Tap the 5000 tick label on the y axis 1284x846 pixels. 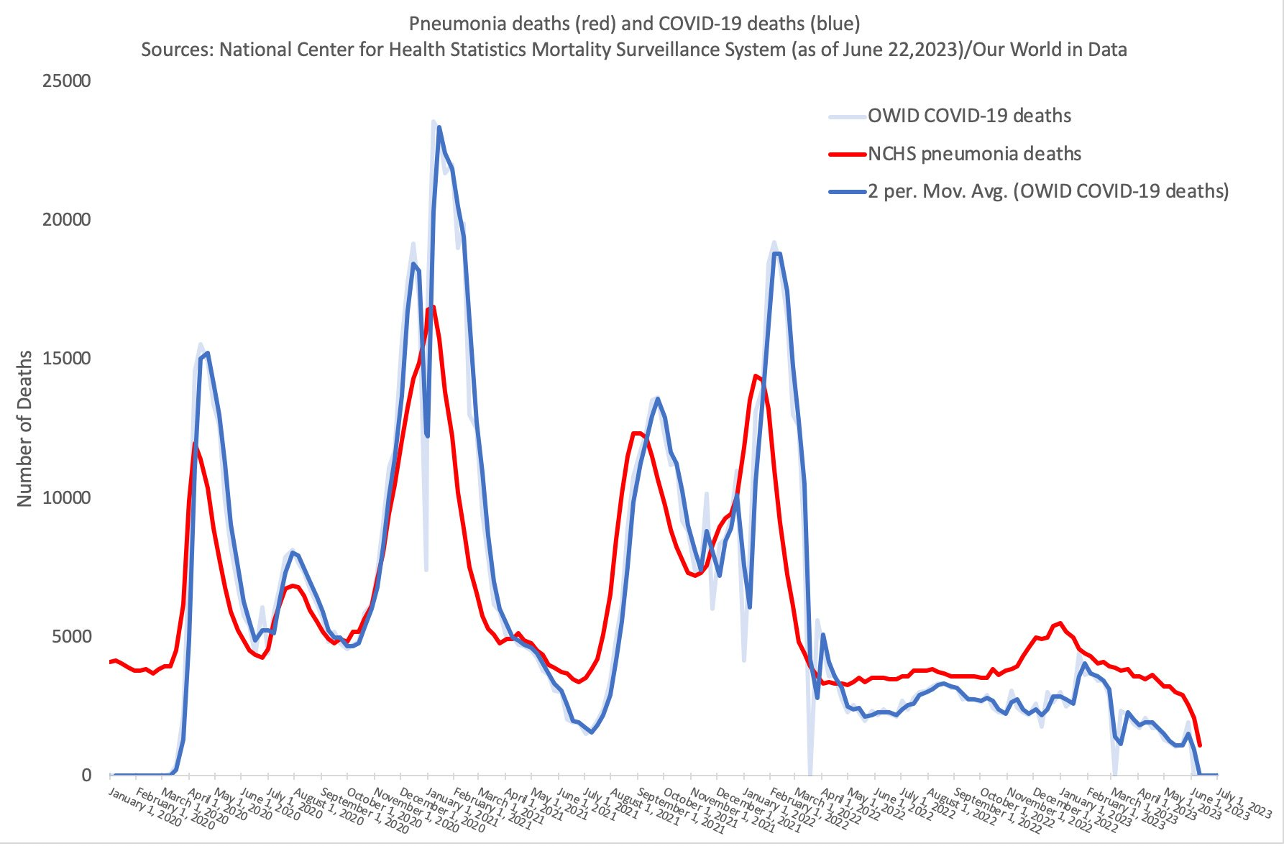70,636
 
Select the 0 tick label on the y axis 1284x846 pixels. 86,775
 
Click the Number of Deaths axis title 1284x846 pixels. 25,428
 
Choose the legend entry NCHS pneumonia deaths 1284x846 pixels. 974,154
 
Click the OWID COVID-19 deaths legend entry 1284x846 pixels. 969,116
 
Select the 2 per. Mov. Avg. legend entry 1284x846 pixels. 1048,191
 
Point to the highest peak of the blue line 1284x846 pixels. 439,127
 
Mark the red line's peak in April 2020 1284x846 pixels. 194,445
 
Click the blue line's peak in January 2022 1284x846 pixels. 777,253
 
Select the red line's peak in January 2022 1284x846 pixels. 756,375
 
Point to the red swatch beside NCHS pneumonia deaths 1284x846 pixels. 847,154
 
